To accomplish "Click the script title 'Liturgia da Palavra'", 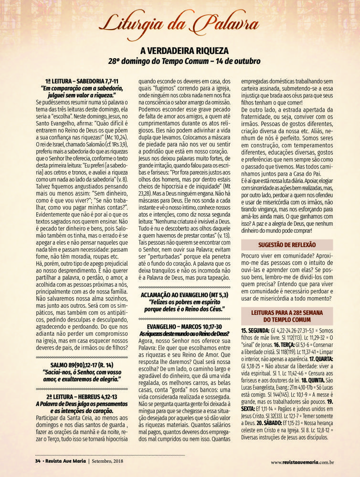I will tap(180, 23).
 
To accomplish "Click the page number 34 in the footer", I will tap(37, 461).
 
